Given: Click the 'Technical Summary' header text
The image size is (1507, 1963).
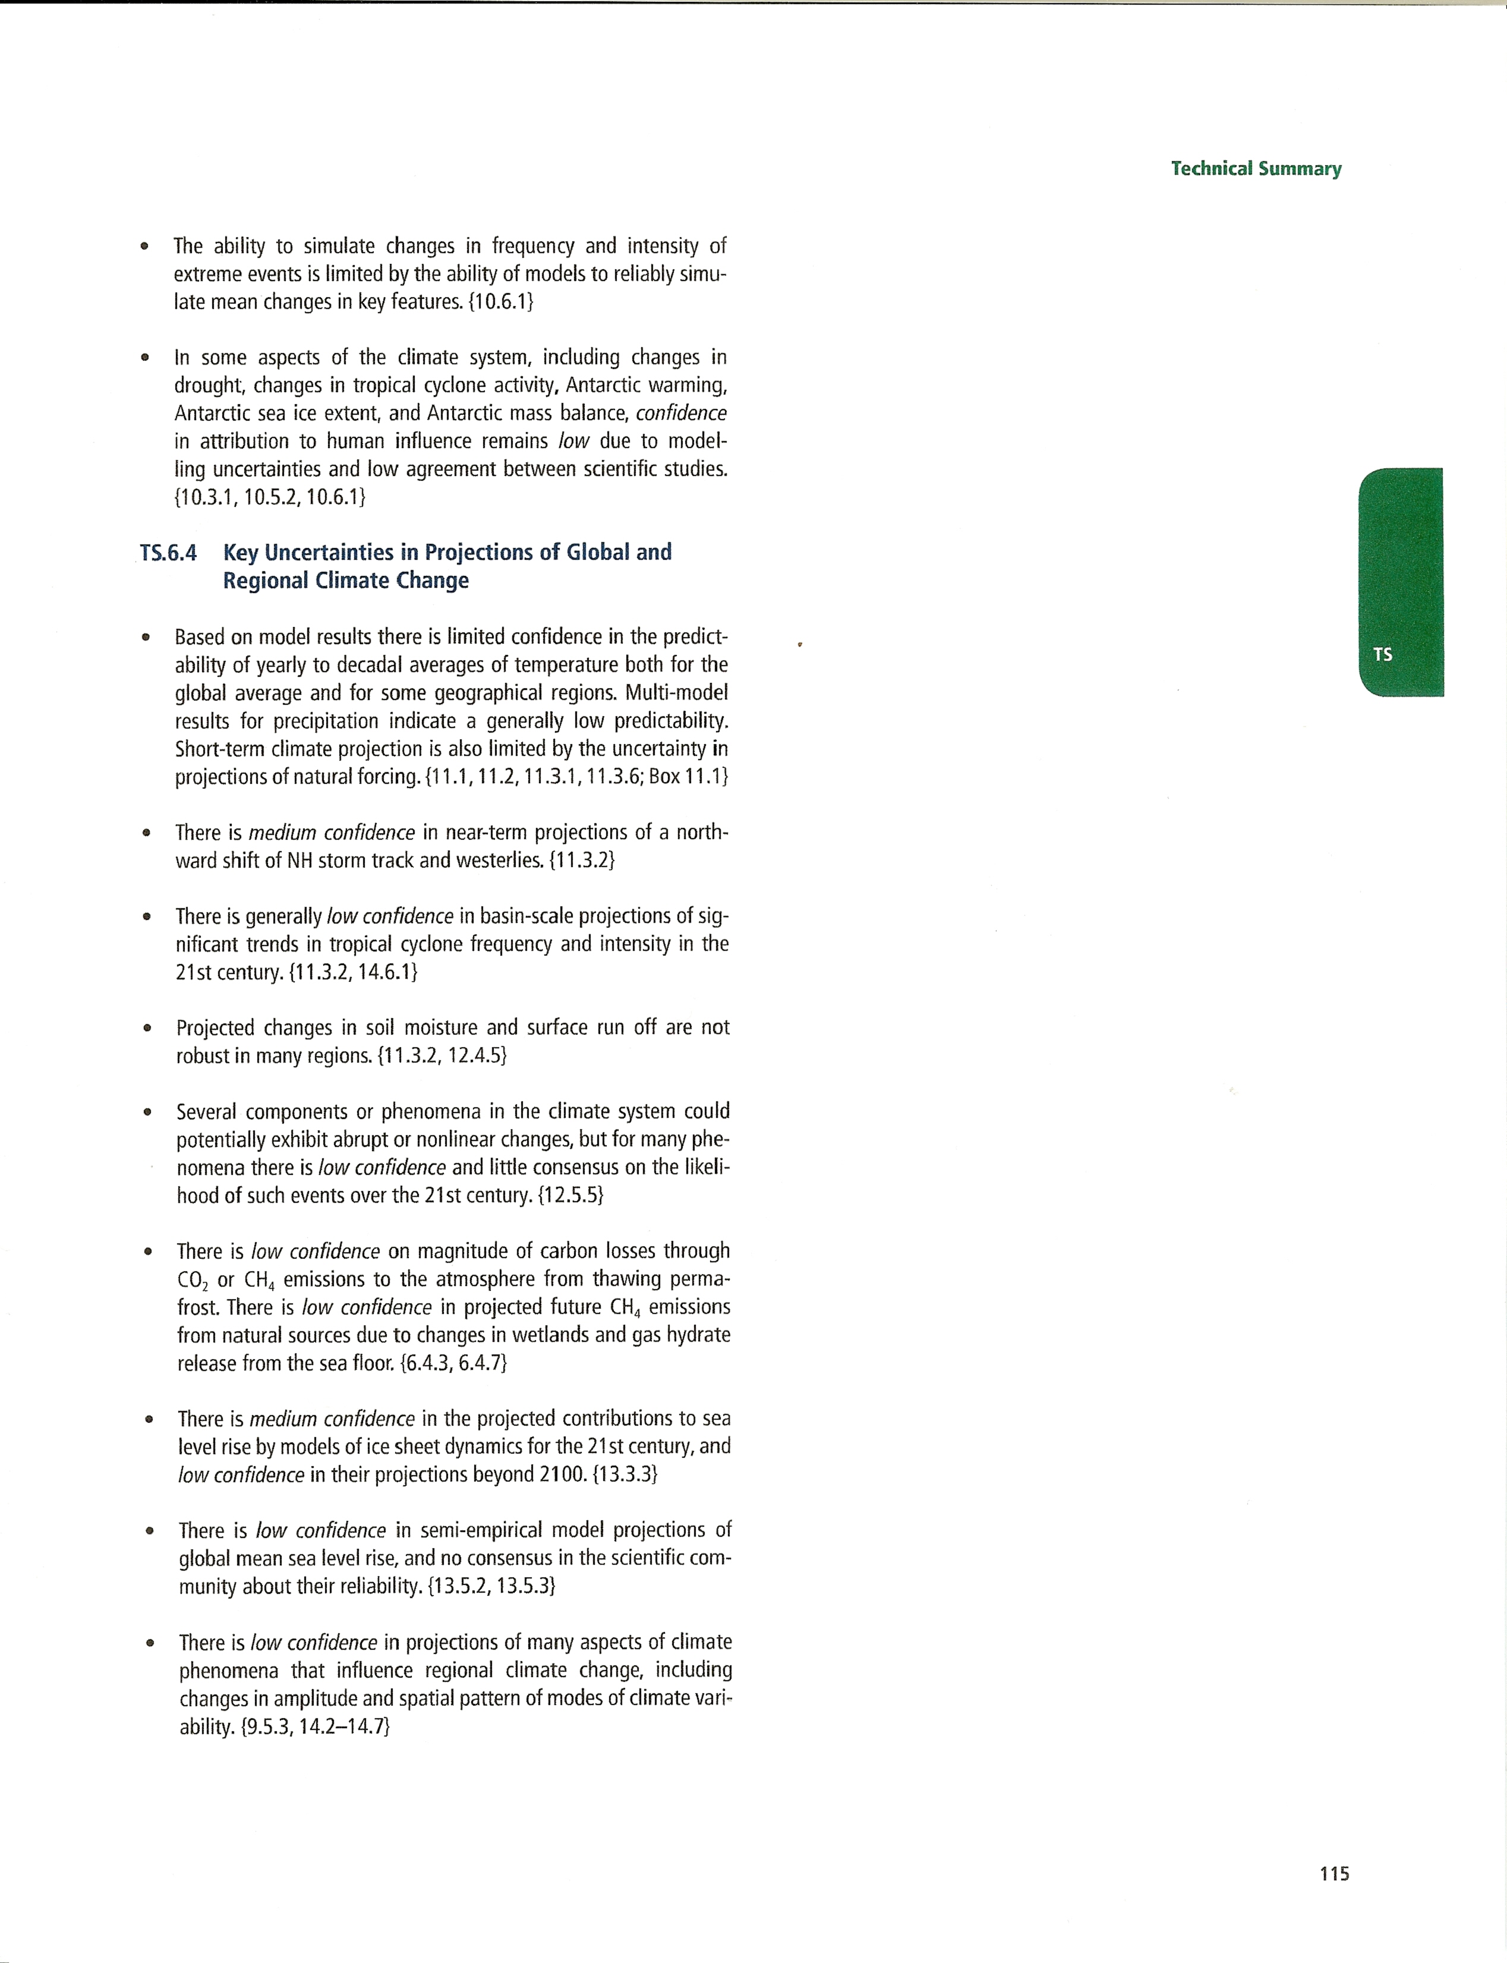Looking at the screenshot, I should (1256, 169).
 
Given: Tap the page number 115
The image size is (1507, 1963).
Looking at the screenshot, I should (1335, 1873).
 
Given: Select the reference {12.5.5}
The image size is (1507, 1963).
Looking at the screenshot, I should (570, 1195).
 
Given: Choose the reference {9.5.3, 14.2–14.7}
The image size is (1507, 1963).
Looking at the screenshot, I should (316, 1726).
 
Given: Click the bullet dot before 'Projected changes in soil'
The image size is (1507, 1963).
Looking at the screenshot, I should (147, 1028).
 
